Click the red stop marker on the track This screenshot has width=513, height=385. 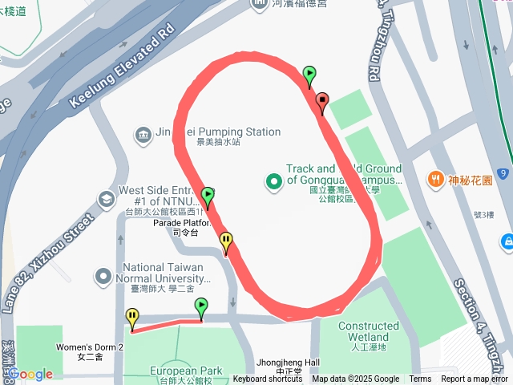322,102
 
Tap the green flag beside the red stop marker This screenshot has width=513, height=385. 309,75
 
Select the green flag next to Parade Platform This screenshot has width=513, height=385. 208,196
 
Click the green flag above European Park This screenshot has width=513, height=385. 201,307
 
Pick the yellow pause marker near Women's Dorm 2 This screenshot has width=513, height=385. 131,318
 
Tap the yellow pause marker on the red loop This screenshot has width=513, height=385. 226,241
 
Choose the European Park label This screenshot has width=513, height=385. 185,371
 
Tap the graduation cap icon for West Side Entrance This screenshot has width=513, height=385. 105,198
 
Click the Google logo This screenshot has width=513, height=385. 30,374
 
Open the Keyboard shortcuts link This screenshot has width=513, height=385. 267,379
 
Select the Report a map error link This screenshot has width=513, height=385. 475,379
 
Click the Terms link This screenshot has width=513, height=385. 420,379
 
